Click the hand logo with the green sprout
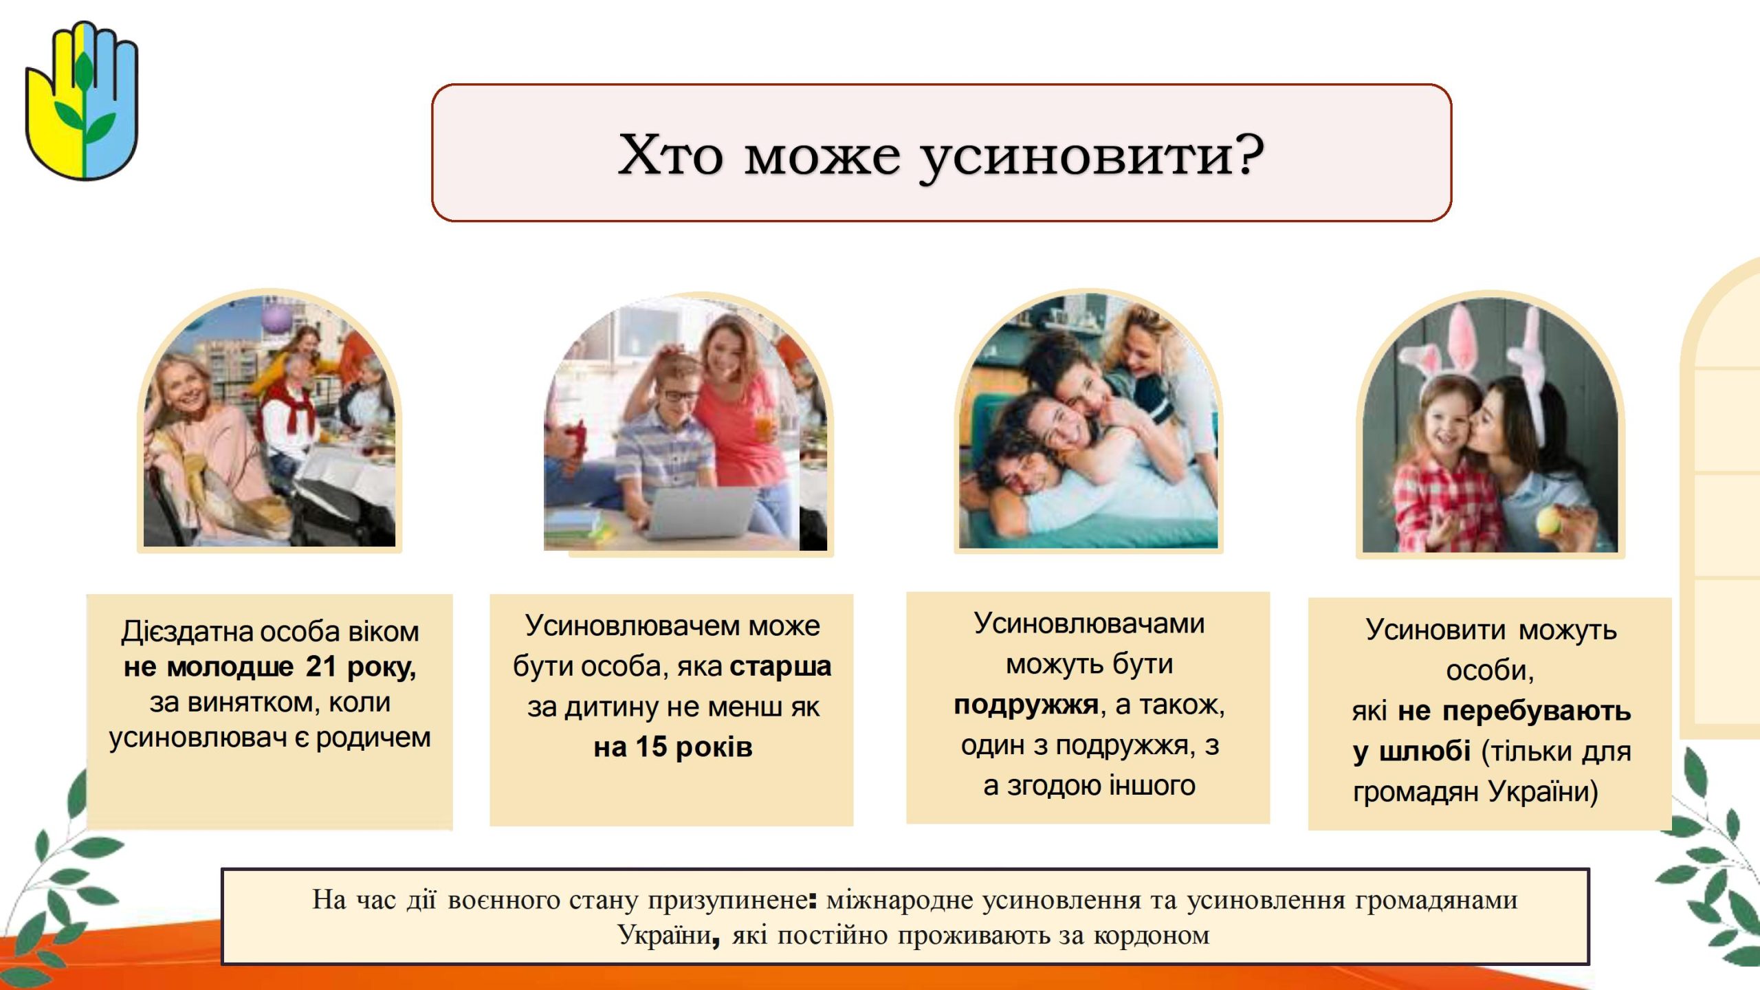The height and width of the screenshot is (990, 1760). [82, 101]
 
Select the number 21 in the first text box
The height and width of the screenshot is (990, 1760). [321, 666]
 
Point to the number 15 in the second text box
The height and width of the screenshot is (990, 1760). [651, 747]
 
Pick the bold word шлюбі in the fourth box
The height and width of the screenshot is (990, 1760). [1424, 751]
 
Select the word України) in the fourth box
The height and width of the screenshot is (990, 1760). [1543, 792]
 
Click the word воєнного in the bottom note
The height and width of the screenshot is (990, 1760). [504, 900]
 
